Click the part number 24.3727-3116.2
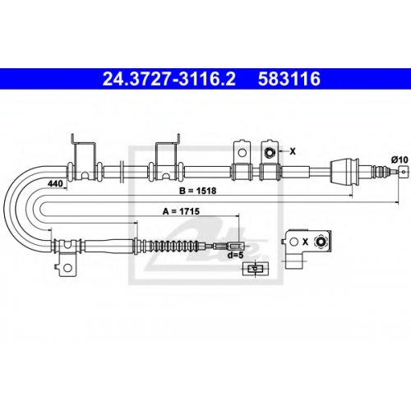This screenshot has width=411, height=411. pos(169,79)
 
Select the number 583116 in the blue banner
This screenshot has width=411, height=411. pos(289,79)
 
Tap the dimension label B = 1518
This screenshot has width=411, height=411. pos(198,191)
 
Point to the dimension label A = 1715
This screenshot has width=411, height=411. pos(181,211)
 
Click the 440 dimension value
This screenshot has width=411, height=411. pos(55,183)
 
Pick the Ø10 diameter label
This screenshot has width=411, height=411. pos(399,159)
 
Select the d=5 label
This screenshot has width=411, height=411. pos(235,255)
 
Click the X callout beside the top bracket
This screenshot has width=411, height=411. pos(293,151)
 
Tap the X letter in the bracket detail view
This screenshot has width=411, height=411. pos(305,242)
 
